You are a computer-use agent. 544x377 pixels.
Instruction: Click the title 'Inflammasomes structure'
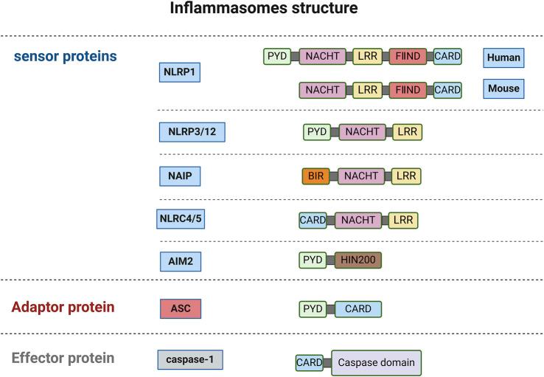pos(264,10)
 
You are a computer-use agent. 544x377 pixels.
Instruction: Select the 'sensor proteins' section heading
pos(65,56)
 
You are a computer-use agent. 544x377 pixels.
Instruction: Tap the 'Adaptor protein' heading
pos(63,307)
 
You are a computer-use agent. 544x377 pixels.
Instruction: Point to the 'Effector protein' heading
pos(63,359)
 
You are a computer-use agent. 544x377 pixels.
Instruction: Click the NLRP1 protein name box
pos(181,72)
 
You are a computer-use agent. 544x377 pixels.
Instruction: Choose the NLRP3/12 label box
pos(192,132)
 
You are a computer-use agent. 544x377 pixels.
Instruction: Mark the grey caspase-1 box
pos(189,359)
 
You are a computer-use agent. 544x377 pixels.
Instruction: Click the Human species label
pos(503,58)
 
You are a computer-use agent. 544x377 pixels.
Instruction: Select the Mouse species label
pos(503,89)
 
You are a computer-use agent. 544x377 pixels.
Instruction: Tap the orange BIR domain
pos(315,176)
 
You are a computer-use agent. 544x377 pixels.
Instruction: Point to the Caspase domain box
pos(376,363)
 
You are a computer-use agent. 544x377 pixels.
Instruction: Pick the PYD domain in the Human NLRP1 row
pos(277,57)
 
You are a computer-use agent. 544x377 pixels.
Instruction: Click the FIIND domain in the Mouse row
pos(407,90)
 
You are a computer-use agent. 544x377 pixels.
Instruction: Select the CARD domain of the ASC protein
pos(358,308)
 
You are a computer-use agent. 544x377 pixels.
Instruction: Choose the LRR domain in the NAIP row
pos(406,176)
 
